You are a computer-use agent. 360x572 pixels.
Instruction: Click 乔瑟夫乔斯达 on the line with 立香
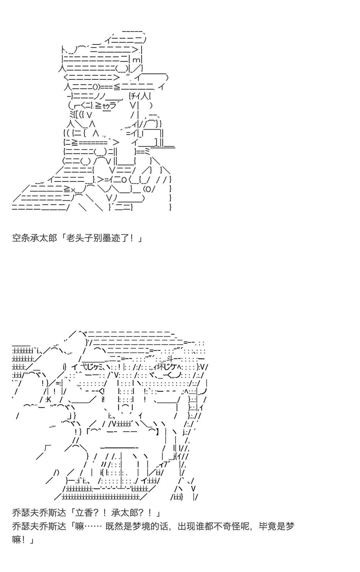(x=39, y=513)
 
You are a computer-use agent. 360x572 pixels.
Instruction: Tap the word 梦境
(x=141, y=526)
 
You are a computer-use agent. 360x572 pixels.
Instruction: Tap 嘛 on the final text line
(x=17, y=540)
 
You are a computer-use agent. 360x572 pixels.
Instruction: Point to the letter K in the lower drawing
(x=49, y=399)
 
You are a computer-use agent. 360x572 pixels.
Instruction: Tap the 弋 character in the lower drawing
(x=83, y=367)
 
